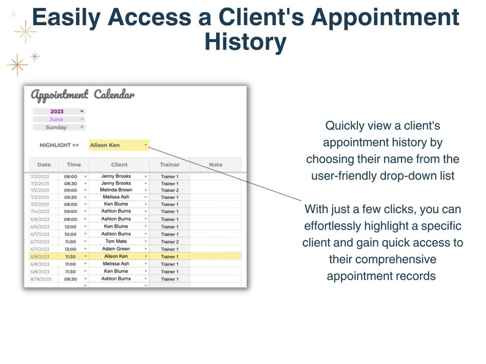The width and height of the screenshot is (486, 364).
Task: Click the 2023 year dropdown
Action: point(59,111)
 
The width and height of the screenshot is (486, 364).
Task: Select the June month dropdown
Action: point(59,119)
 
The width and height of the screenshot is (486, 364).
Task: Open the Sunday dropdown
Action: point(59,127)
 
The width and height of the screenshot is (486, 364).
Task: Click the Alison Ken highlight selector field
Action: point(118,145)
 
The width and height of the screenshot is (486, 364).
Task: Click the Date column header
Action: point(44,164)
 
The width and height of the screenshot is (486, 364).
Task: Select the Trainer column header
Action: point(170,164)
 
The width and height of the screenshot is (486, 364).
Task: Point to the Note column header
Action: point(215,164)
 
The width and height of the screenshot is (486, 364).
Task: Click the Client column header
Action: point(119,164)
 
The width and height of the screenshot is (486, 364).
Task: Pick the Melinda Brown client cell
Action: point(116,190)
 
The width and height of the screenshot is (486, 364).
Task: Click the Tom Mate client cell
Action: point(116,241)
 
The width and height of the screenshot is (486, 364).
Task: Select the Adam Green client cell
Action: point(116,249)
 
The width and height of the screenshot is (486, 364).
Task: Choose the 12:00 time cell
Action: point(70,226)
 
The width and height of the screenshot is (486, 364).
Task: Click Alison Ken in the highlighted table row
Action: point(116,257)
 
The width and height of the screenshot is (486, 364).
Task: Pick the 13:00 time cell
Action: point(70,249)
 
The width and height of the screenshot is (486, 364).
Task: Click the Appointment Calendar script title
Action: point(83,95)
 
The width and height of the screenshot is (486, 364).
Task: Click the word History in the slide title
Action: point(245,43)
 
